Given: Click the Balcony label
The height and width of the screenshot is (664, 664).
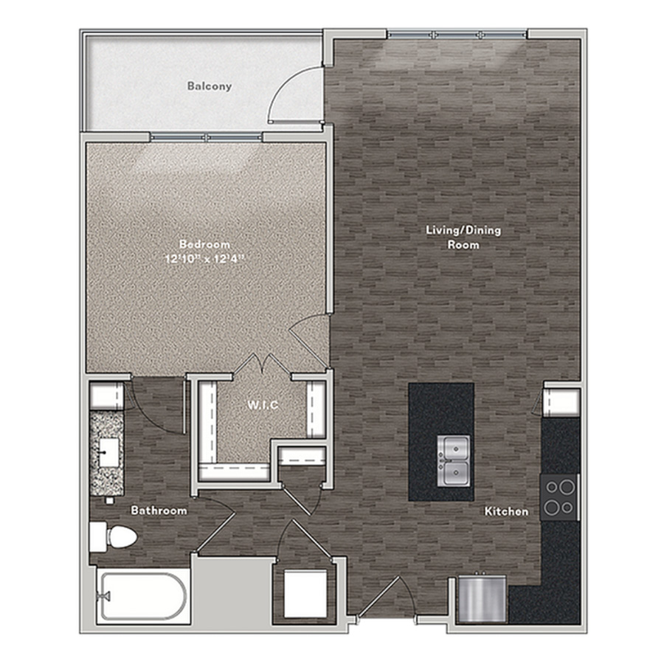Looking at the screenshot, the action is (x=210, y=86).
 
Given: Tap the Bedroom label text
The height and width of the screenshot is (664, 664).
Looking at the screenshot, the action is (x=204, y=244).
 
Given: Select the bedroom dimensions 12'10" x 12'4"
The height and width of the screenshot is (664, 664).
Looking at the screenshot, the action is (x=205, y=259).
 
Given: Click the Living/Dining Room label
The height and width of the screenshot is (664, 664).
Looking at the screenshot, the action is (x=463, y=237).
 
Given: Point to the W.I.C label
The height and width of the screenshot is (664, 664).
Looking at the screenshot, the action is (x=263, y=405).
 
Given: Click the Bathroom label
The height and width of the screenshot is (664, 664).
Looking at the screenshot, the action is (x=159, y=511).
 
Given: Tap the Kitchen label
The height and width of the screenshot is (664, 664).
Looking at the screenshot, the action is (x=506, y=511).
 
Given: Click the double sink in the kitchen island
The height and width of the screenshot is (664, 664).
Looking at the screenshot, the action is (x=454, y=461).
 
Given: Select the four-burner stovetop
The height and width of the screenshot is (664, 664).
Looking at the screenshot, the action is (x=559, y=497).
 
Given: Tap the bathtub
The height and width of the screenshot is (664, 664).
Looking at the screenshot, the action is (x=142, y=596).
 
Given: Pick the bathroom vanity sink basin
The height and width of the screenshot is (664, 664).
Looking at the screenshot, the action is (x=108, y=453).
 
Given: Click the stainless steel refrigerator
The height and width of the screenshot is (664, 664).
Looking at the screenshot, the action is (x=483, y=598).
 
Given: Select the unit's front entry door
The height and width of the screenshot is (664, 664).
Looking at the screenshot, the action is (x=379, y=596).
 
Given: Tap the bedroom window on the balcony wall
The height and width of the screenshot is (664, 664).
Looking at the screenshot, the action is (x=207, y=136).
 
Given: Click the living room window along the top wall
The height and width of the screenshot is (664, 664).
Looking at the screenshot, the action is (x=457, y=34).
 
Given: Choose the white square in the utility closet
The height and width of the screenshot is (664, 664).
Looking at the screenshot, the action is (x=305, y=594).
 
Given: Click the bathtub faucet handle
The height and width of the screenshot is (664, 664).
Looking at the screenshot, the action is (x=104, y=596).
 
